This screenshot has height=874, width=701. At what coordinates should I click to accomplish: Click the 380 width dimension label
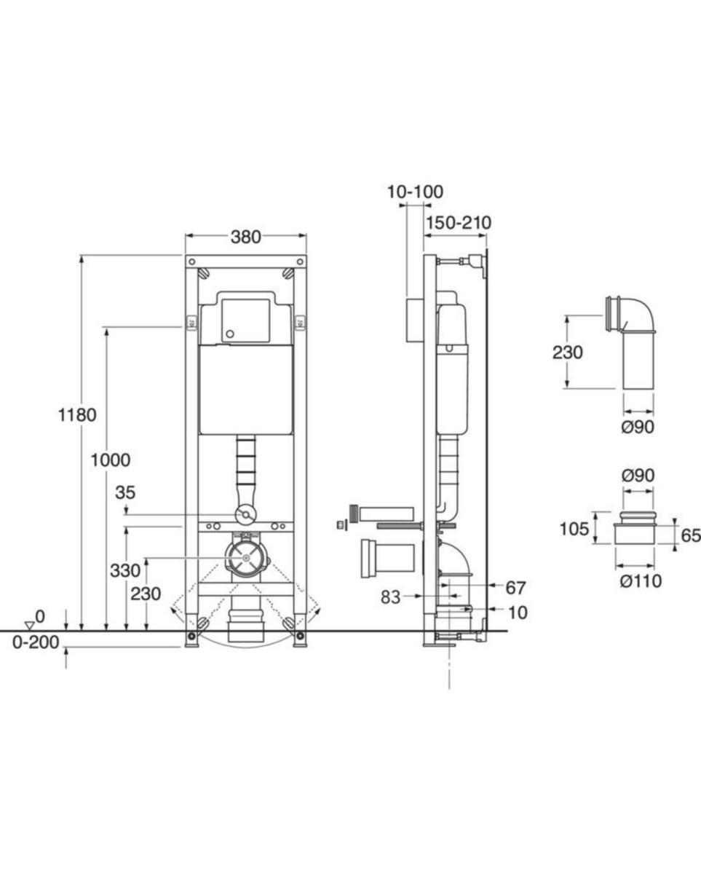pos(245,237)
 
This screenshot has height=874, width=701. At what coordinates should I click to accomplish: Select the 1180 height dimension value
pos(77,415)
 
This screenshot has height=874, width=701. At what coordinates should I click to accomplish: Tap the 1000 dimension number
pos(111,460)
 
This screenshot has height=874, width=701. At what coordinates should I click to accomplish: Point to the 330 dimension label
pos(125,570)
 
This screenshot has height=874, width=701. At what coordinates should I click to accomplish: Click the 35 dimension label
pos(125,492)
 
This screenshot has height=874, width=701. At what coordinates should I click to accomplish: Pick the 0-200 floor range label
pos(36,642)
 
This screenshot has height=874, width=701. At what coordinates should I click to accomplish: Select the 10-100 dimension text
pos(415,192)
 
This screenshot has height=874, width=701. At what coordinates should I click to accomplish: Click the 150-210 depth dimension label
pos(459,223)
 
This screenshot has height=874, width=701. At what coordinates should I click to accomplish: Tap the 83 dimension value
pos(390,597)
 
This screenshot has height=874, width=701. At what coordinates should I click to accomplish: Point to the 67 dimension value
pos(515,588)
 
